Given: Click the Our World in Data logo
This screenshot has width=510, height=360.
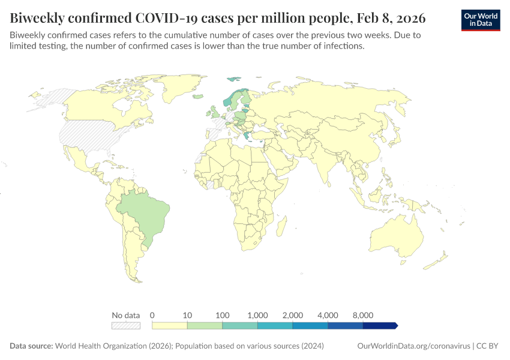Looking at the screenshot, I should click(x=481, y=20).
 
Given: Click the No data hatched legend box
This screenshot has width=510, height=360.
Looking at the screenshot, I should click(x=126, y=325).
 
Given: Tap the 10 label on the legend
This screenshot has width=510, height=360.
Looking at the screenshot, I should click(x=187, y=315).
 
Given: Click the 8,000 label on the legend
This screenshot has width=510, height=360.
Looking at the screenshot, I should click(x=363, y=315).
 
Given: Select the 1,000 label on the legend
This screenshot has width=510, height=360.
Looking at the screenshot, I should click(x=257, y=315).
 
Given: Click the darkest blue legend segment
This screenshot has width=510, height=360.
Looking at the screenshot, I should click(x=379, y=325).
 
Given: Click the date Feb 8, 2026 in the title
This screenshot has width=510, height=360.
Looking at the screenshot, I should click(x=392, y=17).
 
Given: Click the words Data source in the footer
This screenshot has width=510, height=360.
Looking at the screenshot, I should click(x=31, y=346).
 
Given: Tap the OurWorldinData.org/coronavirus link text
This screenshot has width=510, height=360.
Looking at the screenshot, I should click(x=413, y=346).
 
